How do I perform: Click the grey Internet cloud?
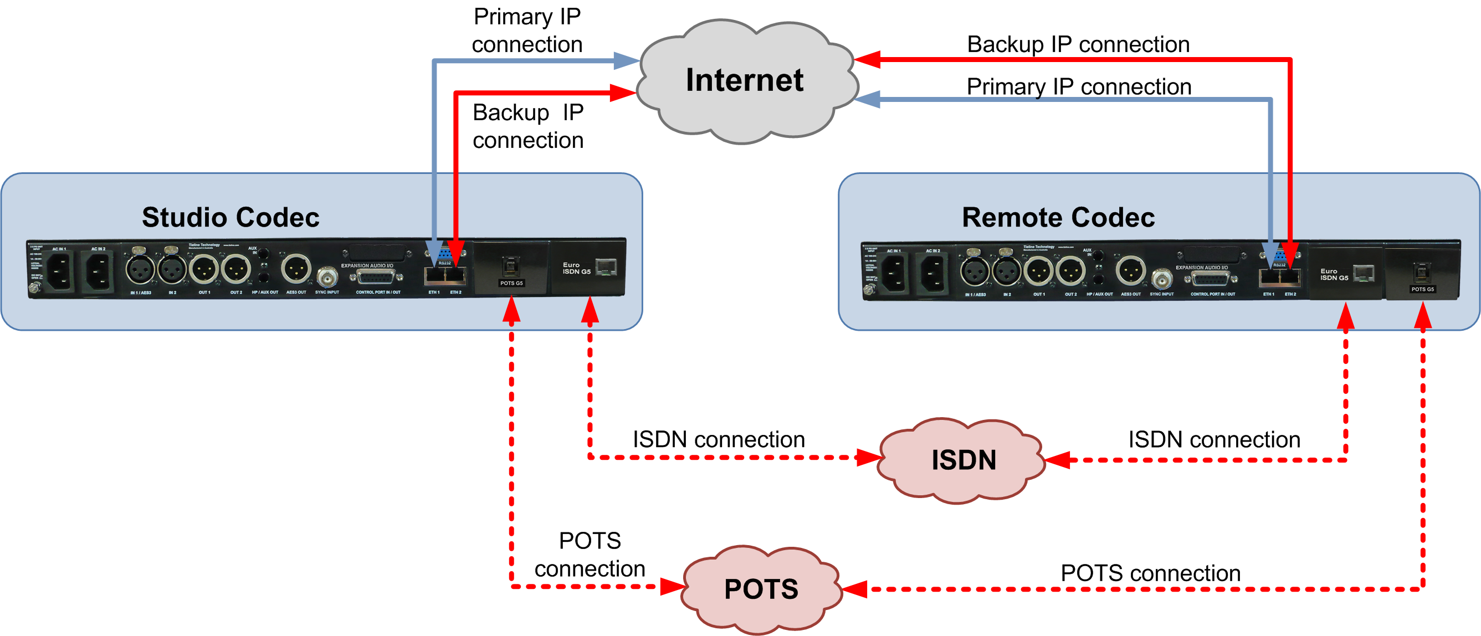(x=745, y=80)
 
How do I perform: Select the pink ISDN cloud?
(x=963, y=460)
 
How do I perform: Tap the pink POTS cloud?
(x=761, y=589)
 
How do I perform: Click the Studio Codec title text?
(x=230, y=217)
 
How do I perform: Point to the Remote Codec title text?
(x=1058, y=217)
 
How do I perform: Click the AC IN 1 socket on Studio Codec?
(x=59, y=271)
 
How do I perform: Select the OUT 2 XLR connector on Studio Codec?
(x=236, y=269)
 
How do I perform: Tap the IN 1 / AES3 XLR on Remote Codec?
(x=975, y=271)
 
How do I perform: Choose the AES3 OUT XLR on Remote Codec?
(x=1130, y=271)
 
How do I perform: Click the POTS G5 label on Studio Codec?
(x=511, y=283)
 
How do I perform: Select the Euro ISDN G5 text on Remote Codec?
(x=1334, y=274)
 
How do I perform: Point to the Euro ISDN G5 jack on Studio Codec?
(x=606, y=267)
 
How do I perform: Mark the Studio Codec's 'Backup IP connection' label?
(x=528, y=126)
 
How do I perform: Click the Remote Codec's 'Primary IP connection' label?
(x=1079, y=87)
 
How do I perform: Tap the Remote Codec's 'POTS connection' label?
(x=1150, y=573)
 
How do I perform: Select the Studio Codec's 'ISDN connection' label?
(x=719, y=439)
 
